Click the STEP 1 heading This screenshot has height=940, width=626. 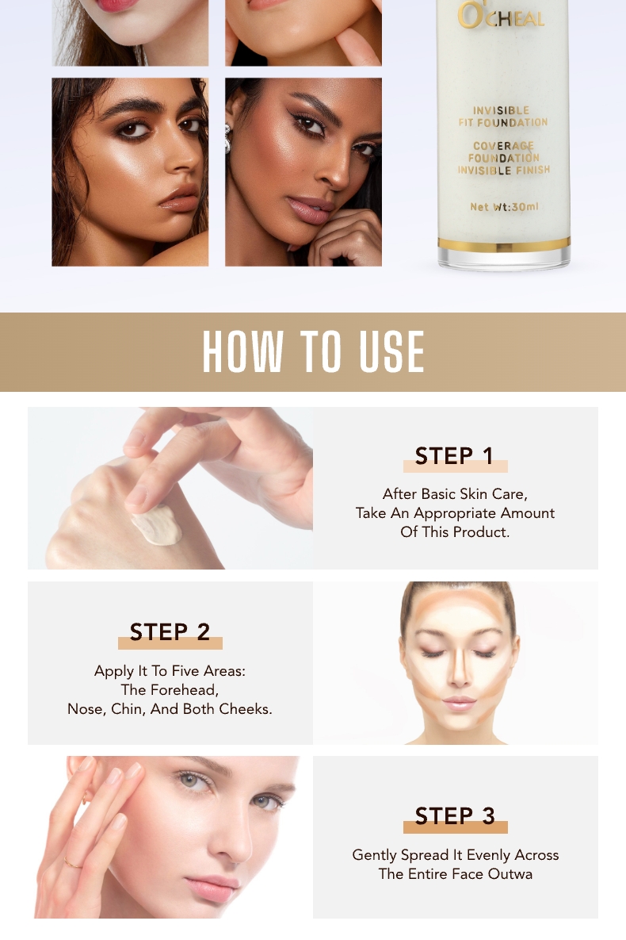(x=455, y=456)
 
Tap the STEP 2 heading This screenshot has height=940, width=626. (x=170, y=631)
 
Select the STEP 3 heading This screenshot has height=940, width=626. (x=456, y=815)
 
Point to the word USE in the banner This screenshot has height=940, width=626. (x=391, y=351)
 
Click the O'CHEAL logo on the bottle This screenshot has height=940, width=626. (x=502, y=17)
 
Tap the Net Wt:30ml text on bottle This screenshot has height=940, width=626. (x=504, y=207)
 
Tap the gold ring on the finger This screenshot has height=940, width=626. (x=72, y=862)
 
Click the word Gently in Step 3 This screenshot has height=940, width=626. (x=375, y=855)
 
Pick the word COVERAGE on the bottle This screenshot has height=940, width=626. (x=503, y=146)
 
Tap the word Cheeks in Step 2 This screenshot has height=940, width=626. (x=243, y=709)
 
